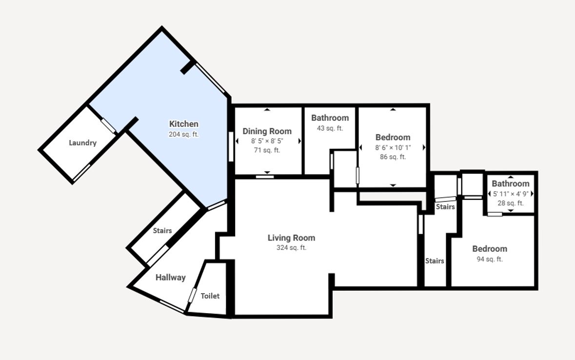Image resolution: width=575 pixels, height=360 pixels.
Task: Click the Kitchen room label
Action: pyautogui.click(x=184, y=124)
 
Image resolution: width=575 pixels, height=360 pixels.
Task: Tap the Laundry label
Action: pyautogui.click(x=83, y=143)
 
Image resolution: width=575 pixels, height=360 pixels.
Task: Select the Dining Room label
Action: pyautogui.click(x=267, y=131)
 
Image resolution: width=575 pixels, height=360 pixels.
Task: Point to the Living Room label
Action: pyautogui.click(x=292, y=238)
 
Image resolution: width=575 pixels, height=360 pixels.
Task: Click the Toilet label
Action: pyautogui.click(x=210, y=296)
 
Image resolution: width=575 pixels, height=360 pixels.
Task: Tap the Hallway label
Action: pyautogui.click(x=171, y=278)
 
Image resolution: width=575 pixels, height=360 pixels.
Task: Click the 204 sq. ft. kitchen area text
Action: pyautogui.click(x=184, y=134)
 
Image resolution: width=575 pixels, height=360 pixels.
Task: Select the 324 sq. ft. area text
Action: pyautogui.click(x=292, y=248)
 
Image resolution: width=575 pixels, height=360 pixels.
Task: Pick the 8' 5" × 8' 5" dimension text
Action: pyautogui.click(x=267, y=141)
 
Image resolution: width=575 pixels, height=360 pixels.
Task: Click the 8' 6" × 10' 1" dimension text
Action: pyautogui.click(x=393, y=147)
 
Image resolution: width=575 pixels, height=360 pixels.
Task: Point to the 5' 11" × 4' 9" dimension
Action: pyautogui.click(x=511, y=194)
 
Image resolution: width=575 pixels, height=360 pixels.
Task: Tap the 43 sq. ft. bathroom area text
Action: pyautogui.click(x=330, y=128)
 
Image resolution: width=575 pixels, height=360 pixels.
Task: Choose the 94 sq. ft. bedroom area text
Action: pyautogui.click(x=490, y=259)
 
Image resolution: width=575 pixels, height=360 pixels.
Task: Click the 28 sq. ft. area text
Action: pyautogui.click(x=511, y=203)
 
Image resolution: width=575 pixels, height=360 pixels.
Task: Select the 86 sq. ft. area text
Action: pyautogui.click(x=393, y=157)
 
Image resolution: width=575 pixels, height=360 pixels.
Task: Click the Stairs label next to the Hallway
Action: pyautogui.click(x=162, y=230)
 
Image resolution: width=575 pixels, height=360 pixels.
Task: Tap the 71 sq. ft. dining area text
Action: pyautogui.click(x=267, y=150)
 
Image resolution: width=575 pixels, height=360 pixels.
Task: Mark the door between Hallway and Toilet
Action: pyautogui.click(x=192, y=296)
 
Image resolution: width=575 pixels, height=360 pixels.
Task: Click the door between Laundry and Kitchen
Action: pyautogui.click(x=109, y=125)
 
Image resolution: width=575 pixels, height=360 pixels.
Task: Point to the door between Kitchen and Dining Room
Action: pyautogui.click(x=231, y=146)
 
